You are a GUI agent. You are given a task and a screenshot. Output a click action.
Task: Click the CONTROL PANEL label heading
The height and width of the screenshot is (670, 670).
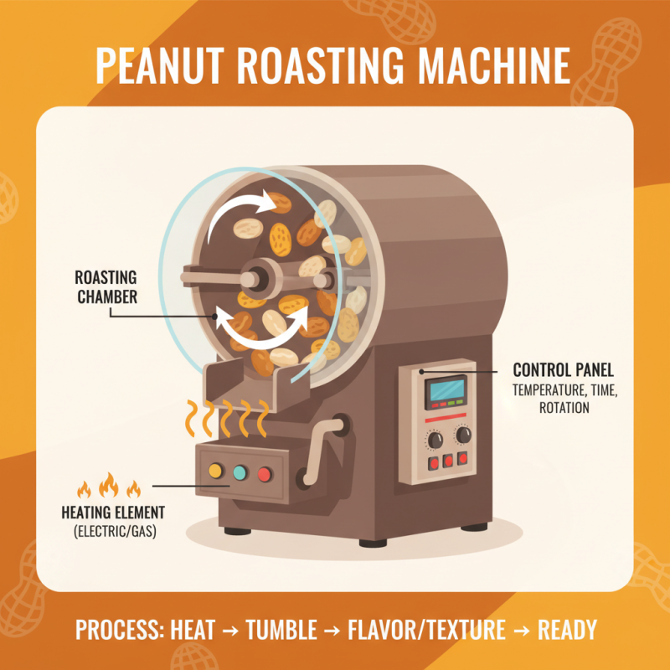[x=563, y=368]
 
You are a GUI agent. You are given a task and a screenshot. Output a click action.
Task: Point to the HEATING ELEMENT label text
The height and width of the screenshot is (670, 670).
[x=113, y=512]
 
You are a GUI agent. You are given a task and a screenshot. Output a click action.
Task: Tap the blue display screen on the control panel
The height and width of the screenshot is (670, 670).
[x=446, y=389]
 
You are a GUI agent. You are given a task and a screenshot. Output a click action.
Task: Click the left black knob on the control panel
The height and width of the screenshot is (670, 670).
[x=434, y=439]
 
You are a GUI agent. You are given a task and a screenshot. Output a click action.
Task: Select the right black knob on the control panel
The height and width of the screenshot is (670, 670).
[x=462, y=435]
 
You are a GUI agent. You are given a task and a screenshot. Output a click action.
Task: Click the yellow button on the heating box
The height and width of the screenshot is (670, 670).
[x=215, y=472]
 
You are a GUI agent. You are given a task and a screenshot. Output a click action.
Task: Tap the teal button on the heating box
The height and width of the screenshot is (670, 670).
[x=240, y=473]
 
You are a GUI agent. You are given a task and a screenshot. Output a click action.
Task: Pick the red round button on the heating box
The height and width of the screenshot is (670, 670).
[x=265, y=475]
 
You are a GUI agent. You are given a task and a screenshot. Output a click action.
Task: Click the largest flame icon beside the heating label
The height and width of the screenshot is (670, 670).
[x=107, y=484]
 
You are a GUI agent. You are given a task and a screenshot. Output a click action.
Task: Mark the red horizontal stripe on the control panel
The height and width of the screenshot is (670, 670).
[x=446, y=416]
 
